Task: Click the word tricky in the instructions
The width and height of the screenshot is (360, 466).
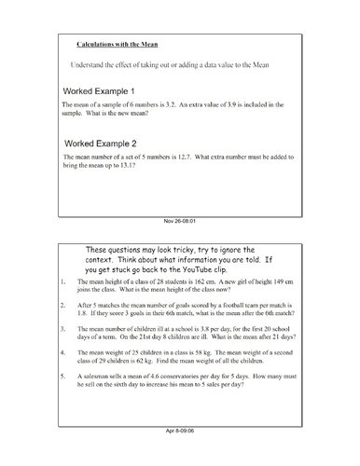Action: (174, 249)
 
